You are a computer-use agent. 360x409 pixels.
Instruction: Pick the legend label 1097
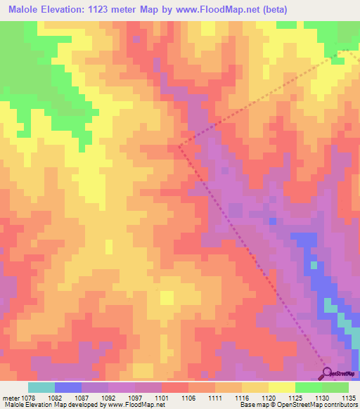(134, 398)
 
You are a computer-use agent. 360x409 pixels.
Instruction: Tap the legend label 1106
(188, 398)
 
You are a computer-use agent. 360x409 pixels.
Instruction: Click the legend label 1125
(295, 398)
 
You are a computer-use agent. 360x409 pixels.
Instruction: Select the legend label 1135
(349, 398)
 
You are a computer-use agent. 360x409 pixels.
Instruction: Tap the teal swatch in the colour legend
(41, 387)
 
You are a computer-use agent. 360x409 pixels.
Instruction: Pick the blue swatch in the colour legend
(68, 387)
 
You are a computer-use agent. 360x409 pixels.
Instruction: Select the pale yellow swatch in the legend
(282, 387)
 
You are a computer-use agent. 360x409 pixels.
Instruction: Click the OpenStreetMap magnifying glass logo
(326, 373)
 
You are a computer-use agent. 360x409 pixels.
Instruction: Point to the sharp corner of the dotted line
(179, 146)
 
